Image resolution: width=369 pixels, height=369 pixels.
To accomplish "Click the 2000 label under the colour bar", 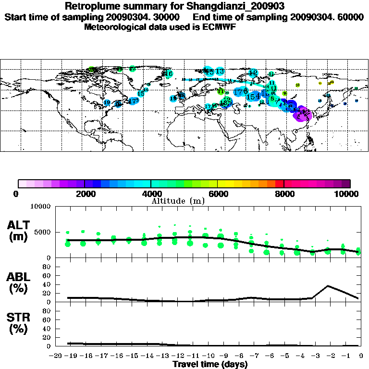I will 84,194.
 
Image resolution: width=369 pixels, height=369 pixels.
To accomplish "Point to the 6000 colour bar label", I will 218,194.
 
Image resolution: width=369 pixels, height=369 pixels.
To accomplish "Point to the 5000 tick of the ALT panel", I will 43,233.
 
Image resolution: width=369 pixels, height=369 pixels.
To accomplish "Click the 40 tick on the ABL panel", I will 48,284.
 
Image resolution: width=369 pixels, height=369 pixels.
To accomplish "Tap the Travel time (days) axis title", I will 210,364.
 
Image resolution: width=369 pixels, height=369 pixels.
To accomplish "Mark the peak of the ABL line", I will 328,286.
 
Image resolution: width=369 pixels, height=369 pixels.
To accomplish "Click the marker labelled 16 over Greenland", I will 169,74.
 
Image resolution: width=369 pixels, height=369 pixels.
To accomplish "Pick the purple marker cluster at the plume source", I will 303,114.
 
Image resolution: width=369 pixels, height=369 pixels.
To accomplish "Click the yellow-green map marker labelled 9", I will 284,93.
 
